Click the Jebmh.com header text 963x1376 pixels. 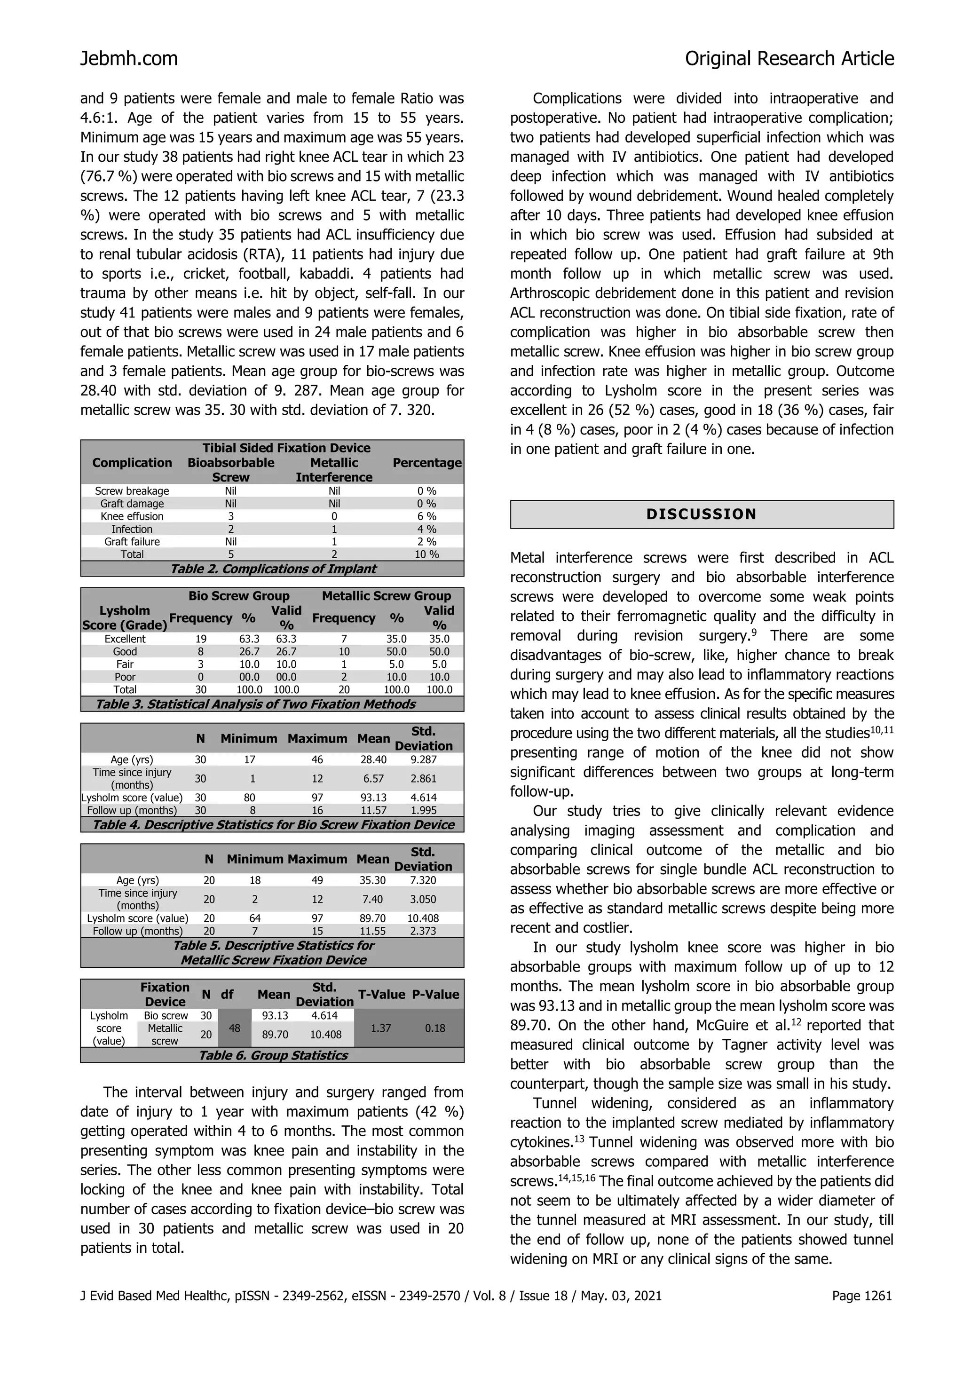(129, 59)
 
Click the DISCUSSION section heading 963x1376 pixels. (701, 514)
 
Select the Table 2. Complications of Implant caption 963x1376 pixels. (273, 569)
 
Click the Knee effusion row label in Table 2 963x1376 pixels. (132, 516)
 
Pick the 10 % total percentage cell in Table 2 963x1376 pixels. (426, 554)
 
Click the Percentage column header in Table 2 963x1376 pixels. (426, 463)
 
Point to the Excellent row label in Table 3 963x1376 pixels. (125, 639)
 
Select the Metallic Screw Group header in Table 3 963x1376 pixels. (386, 596)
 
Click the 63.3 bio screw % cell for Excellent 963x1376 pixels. (249, 639)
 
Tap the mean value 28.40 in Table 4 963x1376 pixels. (373, 759)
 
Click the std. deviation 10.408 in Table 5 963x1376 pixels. (423, 918)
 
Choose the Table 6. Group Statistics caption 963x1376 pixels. (273, 1055)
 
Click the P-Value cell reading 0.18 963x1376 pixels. (435, 1028)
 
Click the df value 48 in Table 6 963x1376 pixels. (235, 1028)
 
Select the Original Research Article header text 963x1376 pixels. (789, 59)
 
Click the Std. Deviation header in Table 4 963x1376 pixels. (423, 738)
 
